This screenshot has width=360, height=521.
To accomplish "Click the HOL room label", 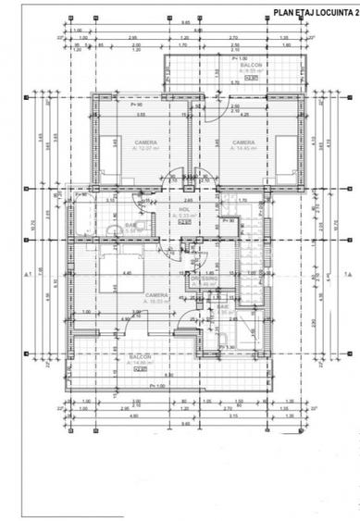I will pyautogui.click(x=184, y=209).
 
